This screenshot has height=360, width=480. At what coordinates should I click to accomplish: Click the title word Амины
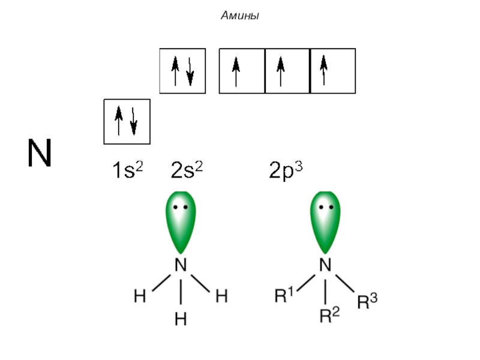(240, 16)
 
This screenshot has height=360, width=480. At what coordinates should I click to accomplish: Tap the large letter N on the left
(40, 153)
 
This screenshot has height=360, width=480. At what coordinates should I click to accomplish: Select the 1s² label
(127, 172)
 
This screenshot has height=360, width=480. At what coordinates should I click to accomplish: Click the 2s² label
(186, 172)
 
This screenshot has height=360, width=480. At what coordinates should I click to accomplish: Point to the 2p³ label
(285, 172)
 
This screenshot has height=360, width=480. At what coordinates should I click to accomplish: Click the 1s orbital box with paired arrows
(127, 122)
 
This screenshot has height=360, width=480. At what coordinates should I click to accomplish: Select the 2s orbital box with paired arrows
(182, 71)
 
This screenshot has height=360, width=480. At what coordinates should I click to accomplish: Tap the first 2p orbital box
(242, 71)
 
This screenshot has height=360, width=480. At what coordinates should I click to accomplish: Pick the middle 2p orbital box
(287, 71)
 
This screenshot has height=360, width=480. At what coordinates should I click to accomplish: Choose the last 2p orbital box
(333, 71)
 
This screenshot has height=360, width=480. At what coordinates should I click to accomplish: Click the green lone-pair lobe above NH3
(181, 222)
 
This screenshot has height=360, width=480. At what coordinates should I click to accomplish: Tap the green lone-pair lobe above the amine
(325, 222)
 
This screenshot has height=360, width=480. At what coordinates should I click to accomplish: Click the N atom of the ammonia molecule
(181, 265)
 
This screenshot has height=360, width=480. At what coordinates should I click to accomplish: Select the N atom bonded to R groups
(325, 265)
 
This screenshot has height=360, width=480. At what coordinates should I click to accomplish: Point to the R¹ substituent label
(283, 295)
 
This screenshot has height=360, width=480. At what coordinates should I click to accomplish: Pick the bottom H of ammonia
(181, 319)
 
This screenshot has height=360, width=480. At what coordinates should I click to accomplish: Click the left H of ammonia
(140, 296)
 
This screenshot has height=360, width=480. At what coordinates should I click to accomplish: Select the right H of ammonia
(221, 296)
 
